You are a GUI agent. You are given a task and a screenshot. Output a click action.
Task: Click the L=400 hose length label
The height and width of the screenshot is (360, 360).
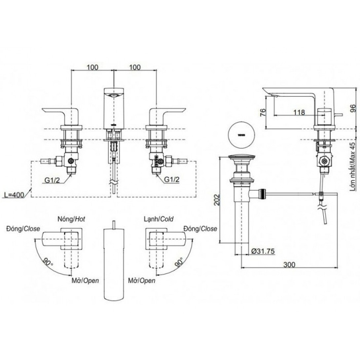tap(15, 195)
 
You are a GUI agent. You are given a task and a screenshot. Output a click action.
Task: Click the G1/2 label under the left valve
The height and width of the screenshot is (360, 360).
tap(53, 180)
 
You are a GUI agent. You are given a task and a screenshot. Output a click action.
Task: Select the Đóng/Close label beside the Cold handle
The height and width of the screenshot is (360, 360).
tap(200, 229)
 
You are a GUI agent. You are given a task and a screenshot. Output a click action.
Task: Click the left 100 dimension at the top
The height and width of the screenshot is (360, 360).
tap(93, 67)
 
